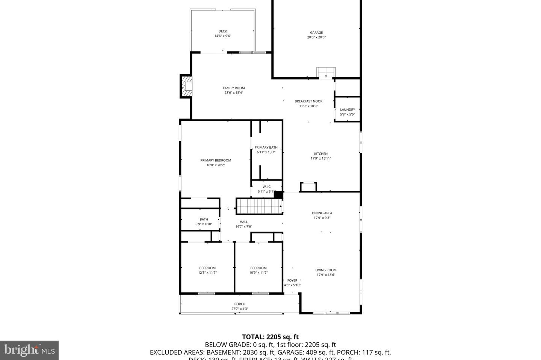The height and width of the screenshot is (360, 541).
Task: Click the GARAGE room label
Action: (x=316, y=33)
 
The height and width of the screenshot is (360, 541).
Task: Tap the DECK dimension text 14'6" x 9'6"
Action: (x=222, y=36)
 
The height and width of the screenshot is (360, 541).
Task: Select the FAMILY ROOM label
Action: (x=234, y=88)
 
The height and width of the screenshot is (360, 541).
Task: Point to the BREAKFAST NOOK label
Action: (x=308, y=101)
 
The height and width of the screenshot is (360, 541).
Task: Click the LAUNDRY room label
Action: (x=347, y=110)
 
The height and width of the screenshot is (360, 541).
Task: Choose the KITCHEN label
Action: (x=320, y=154)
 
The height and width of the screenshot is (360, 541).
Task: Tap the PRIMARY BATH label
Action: (x=266, y=148)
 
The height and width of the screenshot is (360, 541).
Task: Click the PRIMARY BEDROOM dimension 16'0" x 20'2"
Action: (x=216, y=165)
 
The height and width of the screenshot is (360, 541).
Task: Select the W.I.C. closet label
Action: (x=267, y=187)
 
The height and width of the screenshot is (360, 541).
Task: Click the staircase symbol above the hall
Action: (x=259, y=206)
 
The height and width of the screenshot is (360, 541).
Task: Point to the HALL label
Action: (x=243, y=222)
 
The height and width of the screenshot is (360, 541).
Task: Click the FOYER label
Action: (x=292, y=280)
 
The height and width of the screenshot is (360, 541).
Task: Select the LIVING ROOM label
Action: (x=326, y=270)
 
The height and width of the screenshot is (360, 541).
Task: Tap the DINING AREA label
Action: (x=322, y=213)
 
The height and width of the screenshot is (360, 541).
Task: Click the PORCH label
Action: (x=240, y=304)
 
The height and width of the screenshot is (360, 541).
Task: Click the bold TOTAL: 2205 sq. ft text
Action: (x=270, y=337)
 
